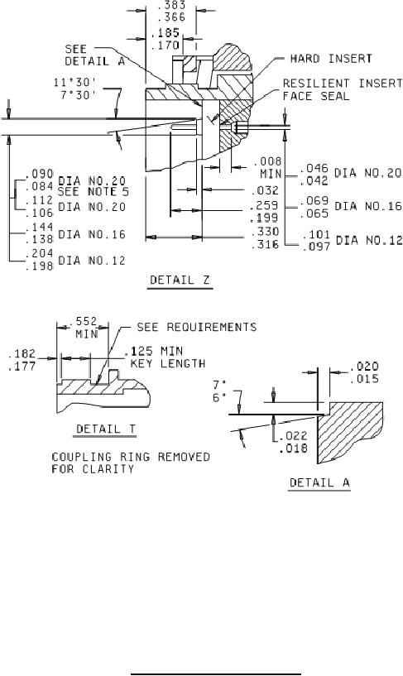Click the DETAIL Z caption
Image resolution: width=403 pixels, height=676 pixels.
[180, 280]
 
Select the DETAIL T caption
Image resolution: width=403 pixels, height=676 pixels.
[106, 429]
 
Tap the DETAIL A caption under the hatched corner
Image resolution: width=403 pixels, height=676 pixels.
[319, 482]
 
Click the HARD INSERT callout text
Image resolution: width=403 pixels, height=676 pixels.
[331, 58]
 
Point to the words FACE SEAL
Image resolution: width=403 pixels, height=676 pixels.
[315, 96]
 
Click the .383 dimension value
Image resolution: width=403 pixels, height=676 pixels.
[171, 5]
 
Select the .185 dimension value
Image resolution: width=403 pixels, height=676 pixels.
[166, 33]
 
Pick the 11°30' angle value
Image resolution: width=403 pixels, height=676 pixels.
[74, 82]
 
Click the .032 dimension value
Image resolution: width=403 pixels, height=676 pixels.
[264, 190]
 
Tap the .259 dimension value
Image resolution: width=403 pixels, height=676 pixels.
[264, 205]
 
